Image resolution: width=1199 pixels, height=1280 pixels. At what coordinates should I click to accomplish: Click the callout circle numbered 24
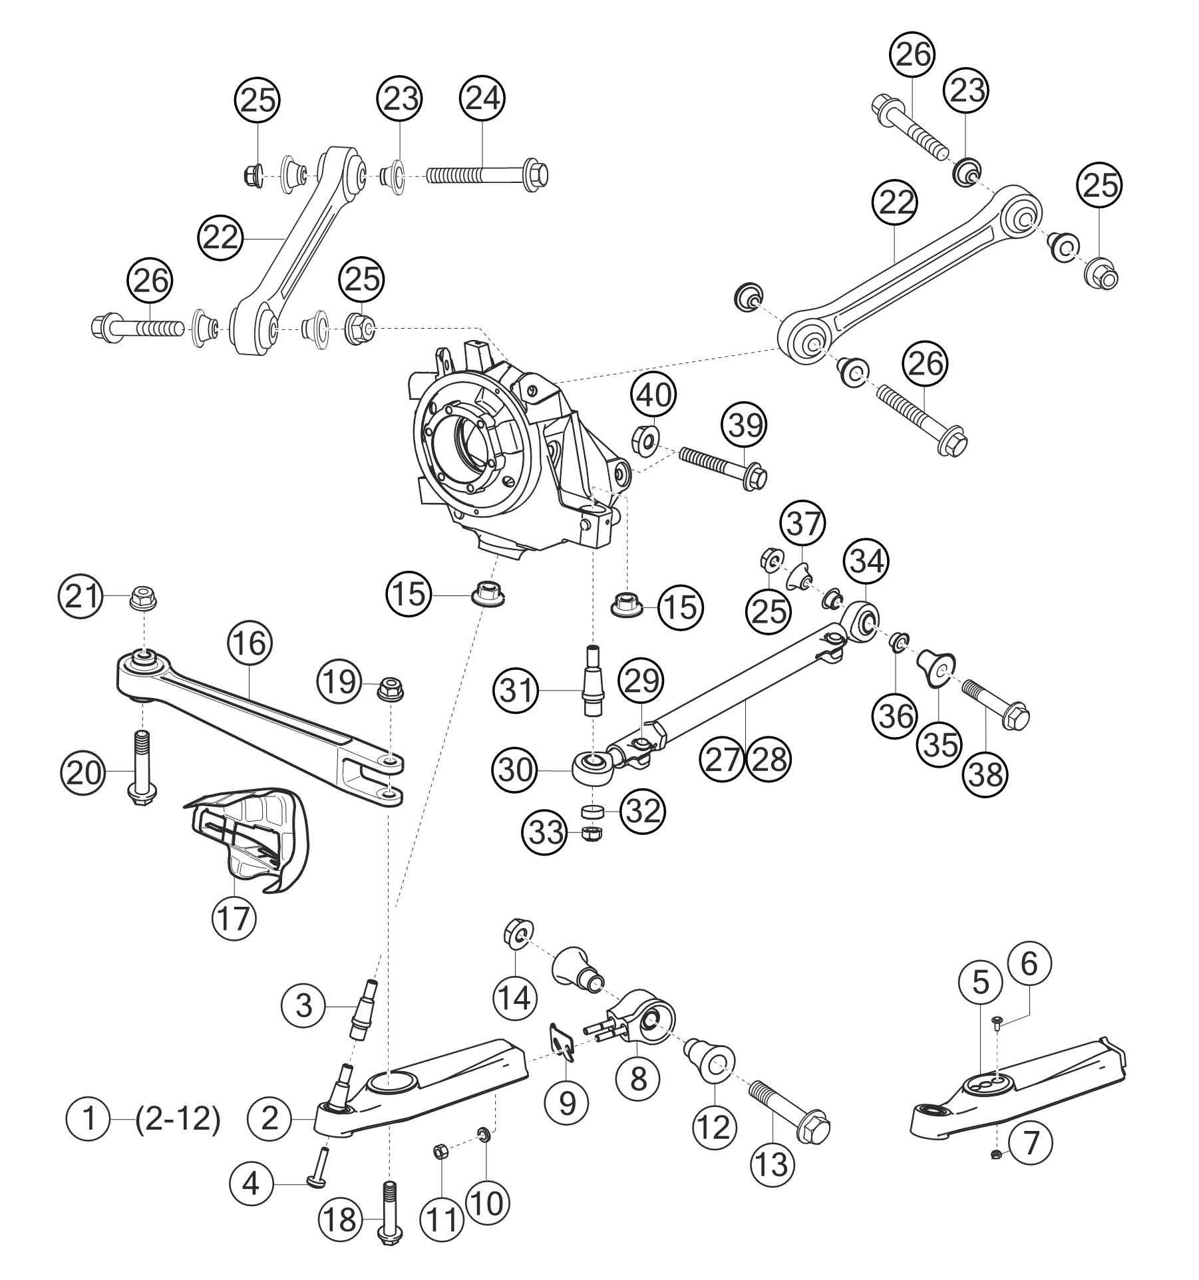tap(482, 99)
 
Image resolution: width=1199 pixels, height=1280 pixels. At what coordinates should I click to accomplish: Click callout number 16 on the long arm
tap(250, 644)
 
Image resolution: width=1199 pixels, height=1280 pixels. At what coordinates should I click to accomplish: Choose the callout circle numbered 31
tap(517, 692)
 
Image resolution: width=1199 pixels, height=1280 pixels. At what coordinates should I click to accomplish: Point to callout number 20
tap(83, 773)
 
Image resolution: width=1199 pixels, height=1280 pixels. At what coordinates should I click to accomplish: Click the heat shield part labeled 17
tap(248, 839)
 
